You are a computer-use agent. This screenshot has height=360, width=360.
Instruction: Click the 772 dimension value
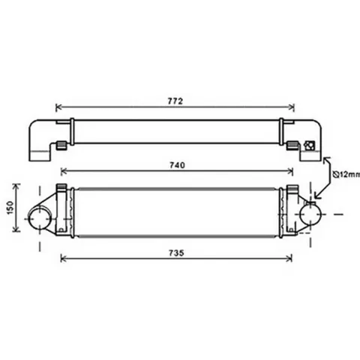point(175,101)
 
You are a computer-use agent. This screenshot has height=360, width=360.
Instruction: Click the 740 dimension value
point(178,165)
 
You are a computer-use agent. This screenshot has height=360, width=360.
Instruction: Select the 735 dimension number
point(176,253)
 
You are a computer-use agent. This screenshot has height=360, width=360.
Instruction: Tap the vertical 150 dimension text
point(10,208)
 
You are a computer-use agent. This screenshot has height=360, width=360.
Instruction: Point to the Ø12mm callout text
point(347,174)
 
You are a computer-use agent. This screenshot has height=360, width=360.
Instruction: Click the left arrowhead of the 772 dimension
point(58,107)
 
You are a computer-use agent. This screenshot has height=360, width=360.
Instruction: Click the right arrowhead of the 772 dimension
point(292,107)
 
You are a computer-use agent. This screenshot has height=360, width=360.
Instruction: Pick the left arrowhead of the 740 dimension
point(64,172)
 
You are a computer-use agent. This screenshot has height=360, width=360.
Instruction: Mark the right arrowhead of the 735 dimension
point(289,259)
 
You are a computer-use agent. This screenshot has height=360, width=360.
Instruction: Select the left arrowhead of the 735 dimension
point(64,259)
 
